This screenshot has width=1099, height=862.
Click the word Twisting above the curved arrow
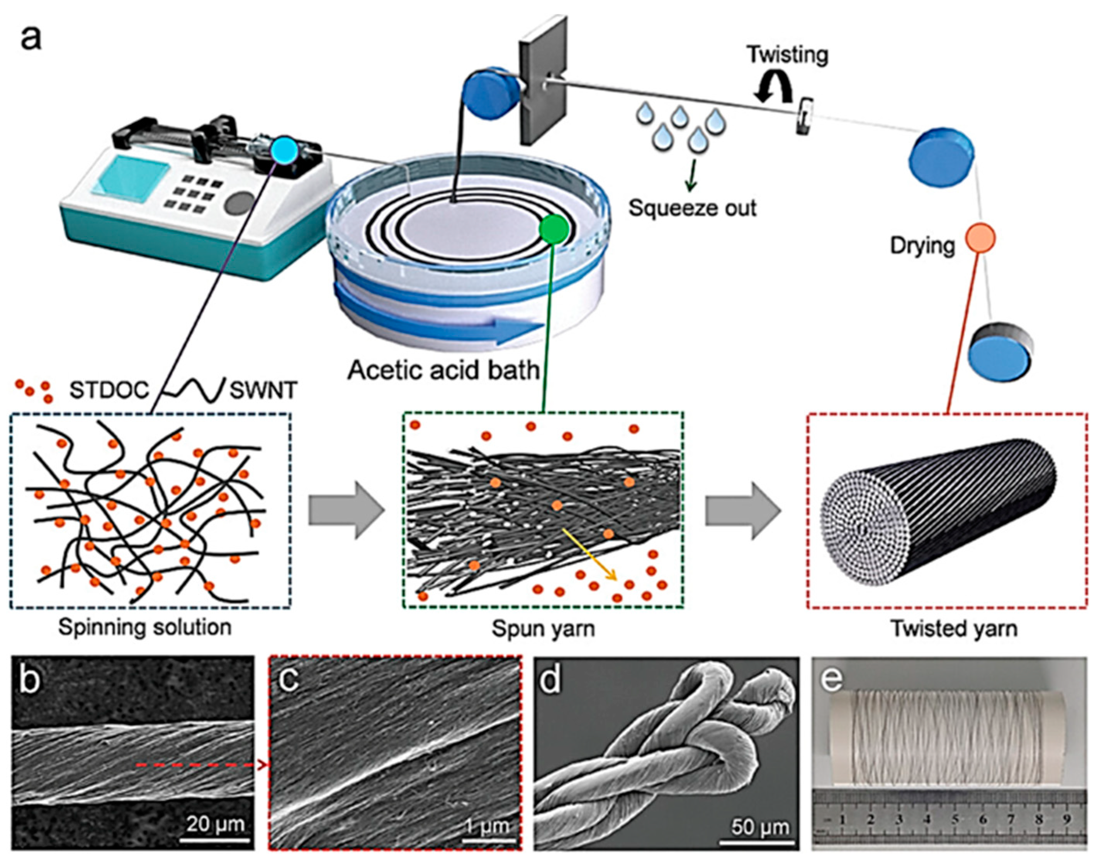point(787,55)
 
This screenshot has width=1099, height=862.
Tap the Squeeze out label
point(692,208)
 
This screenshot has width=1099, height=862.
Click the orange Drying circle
point(980,238)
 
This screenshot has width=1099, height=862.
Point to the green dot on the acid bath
point(554,230)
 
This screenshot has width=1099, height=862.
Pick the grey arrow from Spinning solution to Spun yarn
point(347,510)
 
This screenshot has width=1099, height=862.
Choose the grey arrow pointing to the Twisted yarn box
point(742,510)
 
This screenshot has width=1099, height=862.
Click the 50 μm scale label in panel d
point(760,827)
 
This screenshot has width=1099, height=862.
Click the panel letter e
point(832,679)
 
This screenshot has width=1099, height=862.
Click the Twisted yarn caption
point(954,628)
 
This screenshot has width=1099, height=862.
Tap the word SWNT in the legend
point(263,390)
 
